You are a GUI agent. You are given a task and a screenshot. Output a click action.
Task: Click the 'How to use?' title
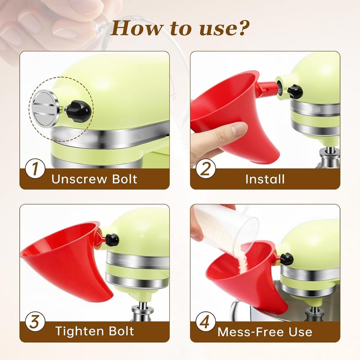coord(180,28)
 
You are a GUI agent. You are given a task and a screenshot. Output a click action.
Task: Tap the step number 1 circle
coord(35,169)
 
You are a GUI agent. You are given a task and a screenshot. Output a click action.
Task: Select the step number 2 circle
coord(206,169)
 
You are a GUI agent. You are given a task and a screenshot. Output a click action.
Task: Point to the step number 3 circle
coord(35,322)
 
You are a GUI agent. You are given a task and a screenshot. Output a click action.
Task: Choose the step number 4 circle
coord(206,322)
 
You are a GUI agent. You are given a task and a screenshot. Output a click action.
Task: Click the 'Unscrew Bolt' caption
coord(94,179)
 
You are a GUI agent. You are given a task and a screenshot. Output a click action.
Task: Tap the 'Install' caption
coord(265,179)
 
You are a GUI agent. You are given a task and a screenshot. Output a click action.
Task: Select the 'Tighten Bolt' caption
coord(94,331)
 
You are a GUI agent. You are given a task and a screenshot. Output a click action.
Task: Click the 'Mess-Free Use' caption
coord(265,332)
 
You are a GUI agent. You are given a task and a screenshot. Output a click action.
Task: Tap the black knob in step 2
coord(295,91)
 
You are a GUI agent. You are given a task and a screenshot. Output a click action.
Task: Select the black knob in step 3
coord(112,240)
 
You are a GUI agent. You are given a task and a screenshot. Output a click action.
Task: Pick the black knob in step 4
coord(286,259)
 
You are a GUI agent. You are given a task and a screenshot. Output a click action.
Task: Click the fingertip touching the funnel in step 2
coord(239,129)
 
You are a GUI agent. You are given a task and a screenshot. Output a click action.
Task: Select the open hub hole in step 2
coord(279,85)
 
